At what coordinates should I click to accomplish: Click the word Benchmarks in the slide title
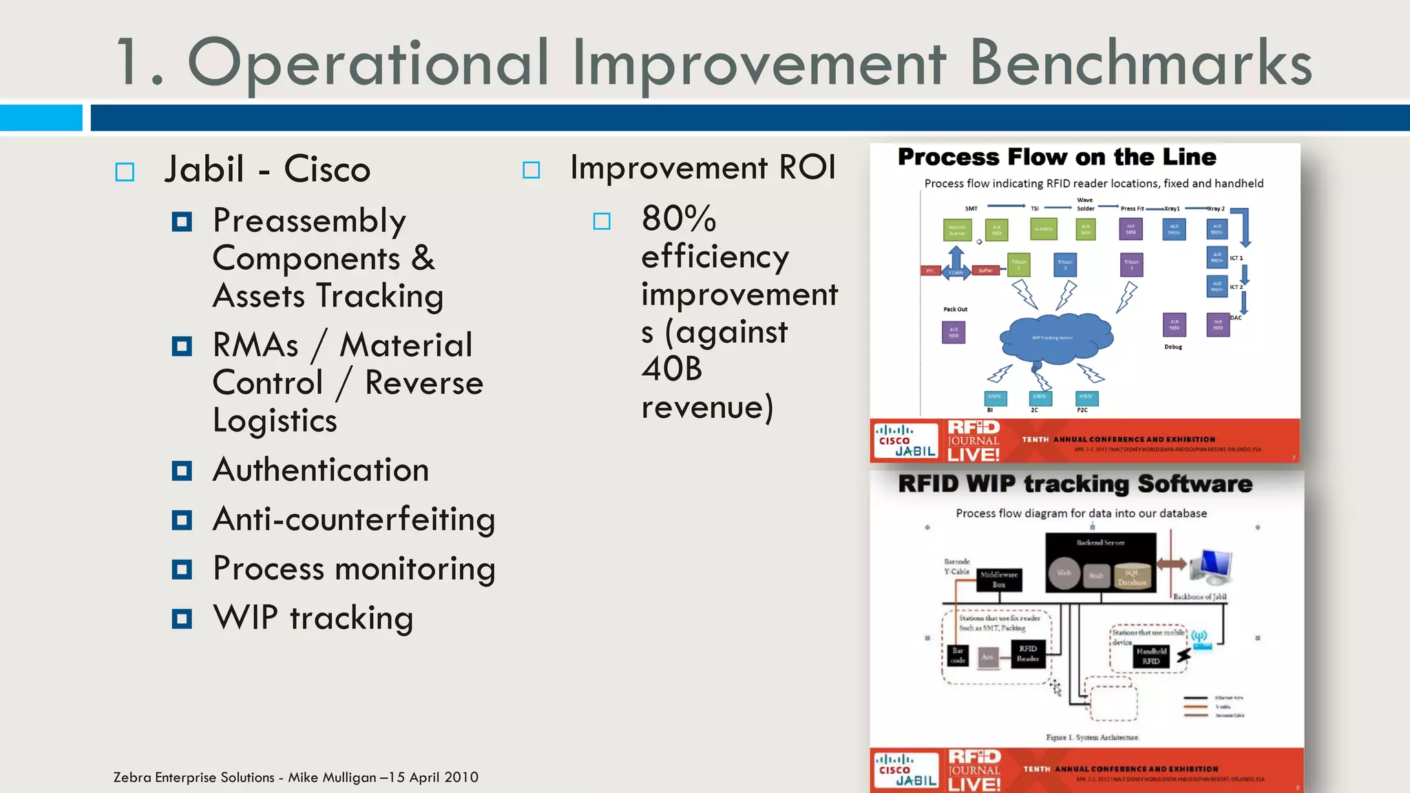[x=1140, y=63]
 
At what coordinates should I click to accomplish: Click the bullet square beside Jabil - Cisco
[x=125, y=171]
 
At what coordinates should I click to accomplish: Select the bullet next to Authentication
[x=182, y=471]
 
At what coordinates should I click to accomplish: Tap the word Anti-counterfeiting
[x=354, y=519]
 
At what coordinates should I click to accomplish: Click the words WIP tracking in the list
[x=313, y=617]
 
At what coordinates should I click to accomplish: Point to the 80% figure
[x=679, y=219]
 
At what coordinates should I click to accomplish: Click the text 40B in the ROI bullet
[x=671, y=369]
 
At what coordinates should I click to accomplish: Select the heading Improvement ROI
[x=703, y=168]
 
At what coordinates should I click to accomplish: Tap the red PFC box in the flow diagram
[x=930, y=271]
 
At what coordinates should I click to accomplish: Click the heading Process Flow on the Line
[x=1057, y=157]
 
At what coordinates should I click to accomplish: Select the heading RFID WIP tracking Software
[x=1075, y=484]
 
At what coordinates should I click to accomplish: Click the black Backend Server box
[x=1100, y=562]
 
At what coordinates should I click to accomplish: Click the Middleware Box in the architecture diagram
[x=998, y=580]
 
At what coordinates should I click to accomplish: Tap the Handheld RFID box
[x=1150, y=656]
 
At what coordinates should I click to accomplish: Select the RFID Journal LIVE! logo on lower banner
[x=974, y=770]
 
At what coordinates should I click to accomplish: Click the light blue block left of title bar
[x=41, y=118]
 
